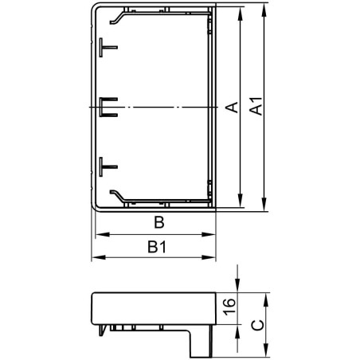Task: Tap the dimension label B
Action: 158,222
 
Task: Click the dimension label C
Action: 255,324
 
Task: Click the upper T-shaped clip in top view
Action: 108,47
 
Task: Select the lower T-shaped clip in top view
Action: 108,166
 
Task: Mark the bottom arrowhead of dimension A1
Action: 264,209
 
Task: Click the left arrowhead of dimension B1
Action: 96,259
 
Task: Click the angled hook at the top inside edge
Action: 118,17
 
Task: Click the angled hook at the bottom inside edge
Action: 118,195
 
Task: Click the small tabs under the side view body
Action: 119,327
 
